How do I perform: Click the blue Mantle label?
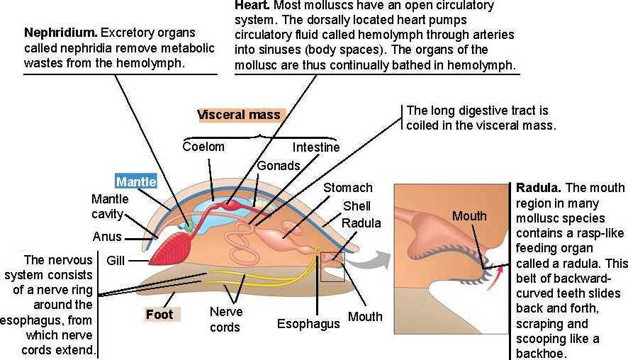[x=136, y=181]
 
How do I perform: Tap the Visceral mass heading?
[x=240, y=115]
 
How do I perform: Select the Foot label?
[x=159, y=313]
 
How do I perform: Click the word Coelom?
[x=203, y=147]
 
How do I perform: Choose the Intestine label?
[x=316, y=147]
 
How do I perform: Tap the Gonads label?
[x=278, y=165]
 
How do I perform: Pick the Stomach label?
[x=347, y=188]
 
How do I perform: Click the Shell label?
[x=357, y=206]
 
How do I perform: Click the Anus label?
[x=106, y=237]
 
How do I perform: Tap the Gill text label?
[x=116, y=261]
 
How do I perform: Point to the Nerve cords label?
[x=226, y=320]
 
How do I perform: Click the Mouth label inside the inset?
[x=470, y=215]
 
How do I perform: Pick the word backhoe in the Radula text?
[x=543, y=353]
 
